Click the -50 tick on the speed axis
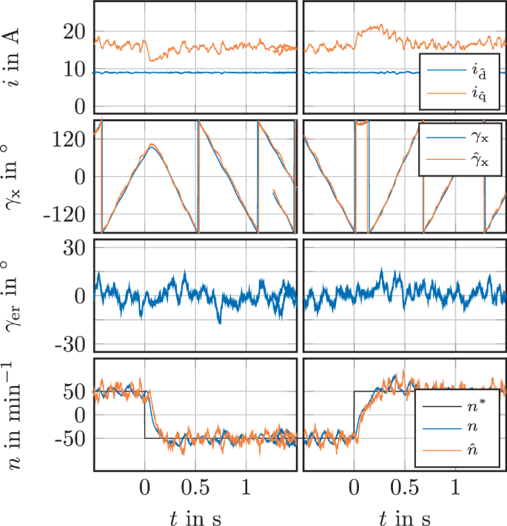(x=73, y=439)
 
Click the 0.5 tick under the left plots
(x=195, y=489)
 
